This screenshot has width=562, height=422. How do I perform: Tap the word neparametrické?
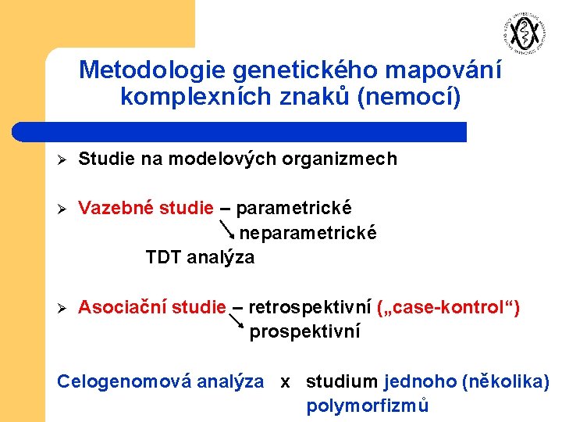(x=308, y=233)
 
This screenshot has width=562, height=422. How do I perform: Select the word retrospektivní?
(x=309, y=307)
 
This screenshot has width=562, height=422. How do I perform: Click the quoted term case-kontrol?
(x=448, y=307)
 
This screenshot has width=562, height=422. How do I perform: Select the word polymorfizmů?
(x=368, y=406)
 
